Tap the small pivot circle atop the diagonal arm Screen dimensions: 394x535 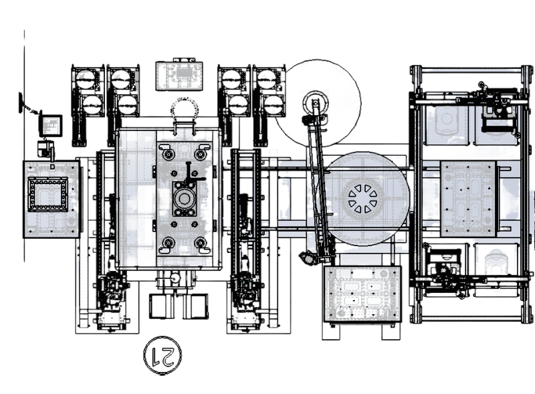pyautogui.click(x=314, y=104)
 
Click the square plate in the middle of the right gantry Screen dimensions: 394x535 pyautogui.click(x=467, y=199)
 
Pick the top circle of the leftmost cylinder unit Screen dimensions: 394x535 pyautogui.click(x=87, y=80)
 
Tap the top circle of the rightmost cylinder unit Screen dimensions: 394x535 pyautogui.click(x=270, y=80)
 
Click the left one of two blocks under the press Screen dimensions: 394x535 pyautogui.click(x=160, y=306)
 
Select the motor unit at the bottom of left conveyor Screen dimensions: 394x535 pyautogui.click(x=112, y=294)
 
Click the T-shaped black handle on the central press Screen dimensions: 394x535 pyautogui.click(x=191, y=173)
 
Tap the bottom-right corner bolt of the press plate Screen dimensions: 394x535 pyautogui.click(x=200, y=241)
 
